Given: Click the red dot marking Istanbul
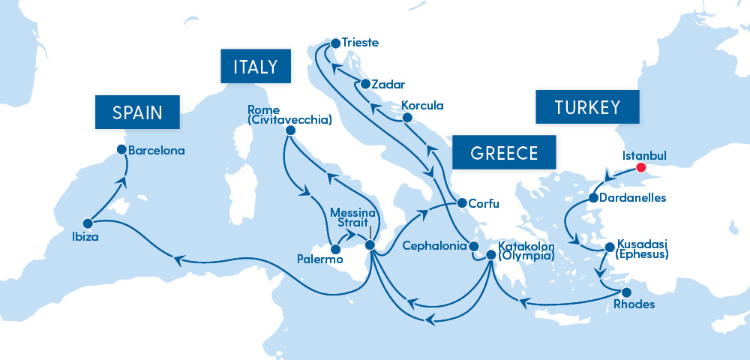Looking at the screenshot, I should (x=640, y=168).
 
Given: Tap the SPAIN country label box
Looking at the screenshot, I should (x=137, y=112).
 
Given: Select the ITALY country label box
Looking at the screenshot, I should (x=256, y=67).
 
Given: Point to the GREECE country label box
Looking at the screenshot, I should (x=504, y=153).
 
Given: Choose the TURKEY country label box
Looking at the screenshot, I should (x=587, y=107).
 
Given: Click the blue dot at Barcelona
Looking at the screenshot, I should (x=121, y=150).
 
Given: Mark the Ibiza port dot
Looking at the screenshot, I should (x=88, y=223).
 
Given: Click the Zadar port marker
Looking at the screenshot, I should (x=365, y=85).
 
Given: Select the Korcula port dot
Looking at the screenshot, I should (x=406, y=118).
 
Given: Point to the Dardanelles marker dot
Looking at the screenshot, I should (x=593, y=199).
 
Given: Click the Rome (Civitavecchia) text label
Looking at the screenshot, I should (x=289, y=115).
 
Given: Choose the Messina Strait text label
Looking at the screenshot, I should (x=352, y=218).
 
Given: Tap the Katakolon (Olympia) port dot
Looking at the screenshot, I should (x=490, y=255).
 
